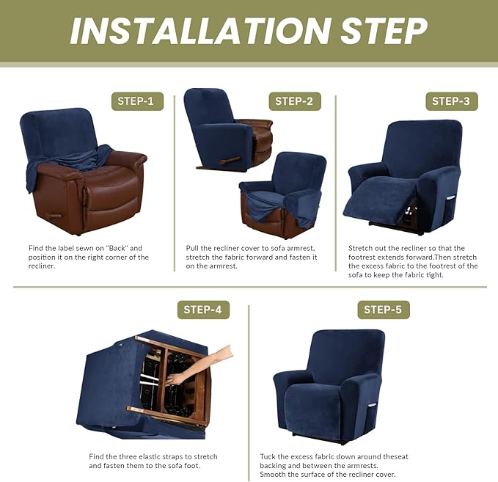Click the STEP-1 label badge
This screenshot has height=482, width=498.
(x=137, y=101)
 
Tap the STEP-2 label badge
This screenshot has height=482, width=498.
(x=294, y=101)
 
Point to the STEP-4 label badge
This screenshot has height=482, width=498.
(x=203, y=310)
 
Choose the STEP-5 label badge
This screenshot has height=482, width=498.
(x=383, y=310)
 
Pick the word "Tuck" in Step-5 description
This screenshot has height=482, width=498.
(x=268, y=456)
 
